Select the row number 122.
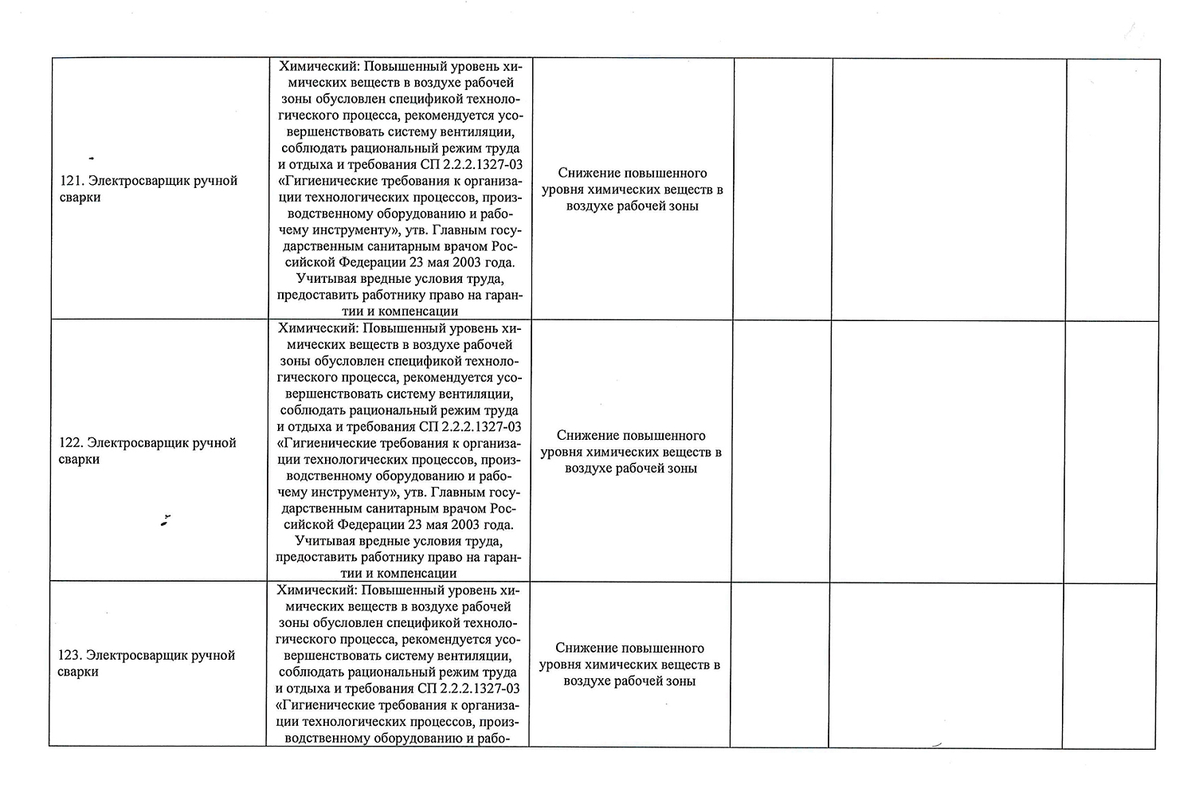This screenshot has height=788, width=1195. click(70, 443)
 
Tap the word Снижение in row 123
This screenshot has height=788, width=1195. click(586, 649)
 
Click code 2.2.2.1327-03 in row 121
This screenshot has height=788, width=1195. click(481, 165)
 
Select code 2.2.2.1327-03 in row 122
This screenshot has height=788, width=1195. click(480, 427)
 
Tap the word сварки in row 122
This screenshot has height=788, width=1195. click(79, 460)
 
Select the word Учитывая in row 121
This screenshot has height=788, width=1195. click(323, 279)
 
